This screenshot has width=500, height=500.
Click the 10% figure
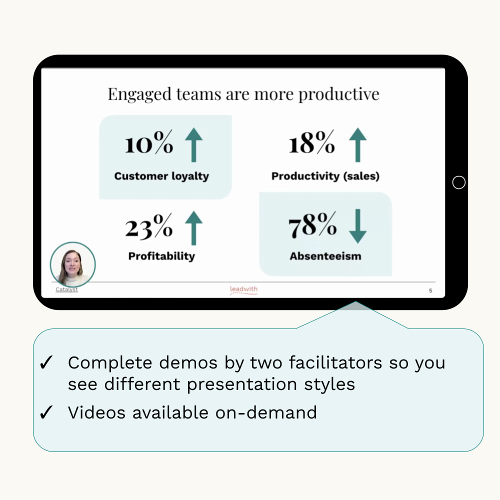coord(149,142)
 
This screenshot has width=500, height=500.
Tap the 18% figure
coord(312,142)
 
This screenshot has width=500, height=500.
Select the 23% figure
coord(149,226)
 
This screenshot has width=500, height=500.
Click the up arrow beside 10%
coord(194,145)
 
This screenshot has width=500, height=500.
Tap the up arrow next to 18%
coord(358,145)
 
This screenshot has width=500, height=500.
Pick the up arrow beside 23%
coord(193,228)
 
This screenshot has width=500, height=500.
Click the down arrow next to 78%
coord(358,226)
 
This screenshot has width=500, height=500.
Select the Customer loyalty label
coord(161,176)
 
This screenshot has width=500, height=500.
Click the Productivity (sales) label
coord(325,176)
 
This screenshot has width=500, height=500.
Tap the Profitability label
coord(161,256)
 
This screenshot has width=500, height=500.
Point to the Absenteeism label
coord(325,256)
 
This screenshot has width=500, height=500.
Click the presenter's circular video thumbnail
coord(72,264)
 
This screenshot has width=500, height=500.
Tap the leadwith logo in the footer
coord(243,289)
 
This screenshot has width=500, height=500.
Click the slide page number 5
coord(430,290)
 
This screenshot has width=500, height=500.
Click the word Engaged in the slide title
coord(139,94)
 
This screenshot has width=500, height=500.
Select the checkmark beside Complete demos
coord(46,362)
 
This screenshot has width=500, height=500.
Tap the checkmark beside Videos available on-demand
coord(46,412)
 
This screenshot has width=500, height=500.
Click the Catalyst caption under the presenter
coord(66,289)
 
